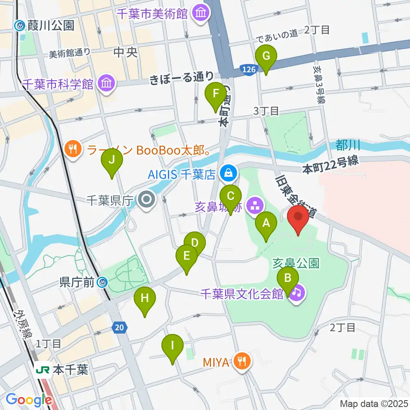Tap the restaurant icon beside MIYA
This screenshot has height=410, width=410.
242,362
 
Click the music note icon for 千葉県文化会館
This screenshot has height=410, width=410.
296,293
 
